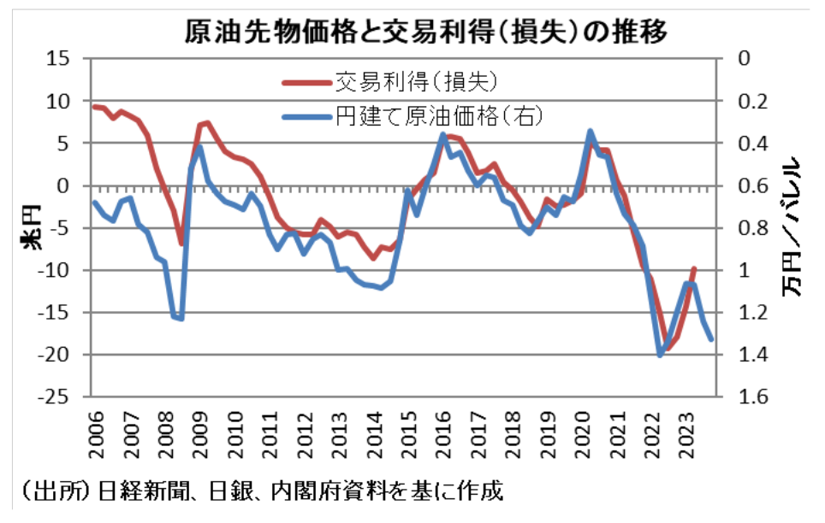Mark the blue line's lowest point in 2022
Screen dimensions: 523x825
point(660,355)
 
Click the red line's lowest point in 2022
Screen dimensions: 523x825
point(668,349)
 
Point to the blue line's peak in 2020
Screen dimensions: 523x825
point(591,131)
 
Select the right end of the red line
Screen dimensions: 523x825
point(693,267)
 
